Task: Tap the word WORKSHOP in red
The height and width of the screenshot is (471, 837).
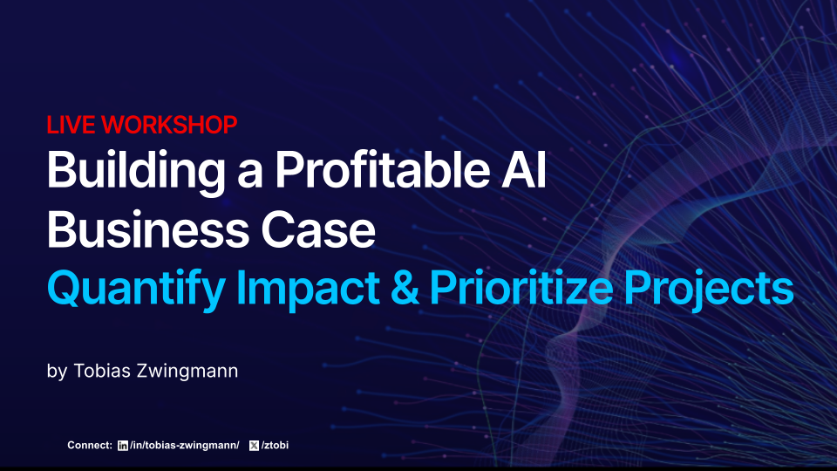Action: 169,125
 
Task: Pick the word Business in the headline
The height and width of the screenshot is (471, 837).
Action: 129,229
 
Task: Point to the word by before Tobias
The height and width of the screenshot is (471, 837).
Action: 57,372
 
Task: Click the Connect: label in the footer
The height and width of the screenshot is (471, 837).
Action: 90,446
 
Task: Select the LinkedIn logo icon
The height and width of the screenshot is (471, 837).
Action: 122,446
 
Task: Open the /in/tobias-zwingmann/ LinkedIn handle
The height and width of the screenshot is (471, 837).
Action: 184,446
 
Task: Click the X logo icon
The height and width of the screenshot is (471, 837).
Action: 254,446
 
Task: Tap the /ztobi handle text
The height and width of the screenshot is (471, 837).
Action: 276,446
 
